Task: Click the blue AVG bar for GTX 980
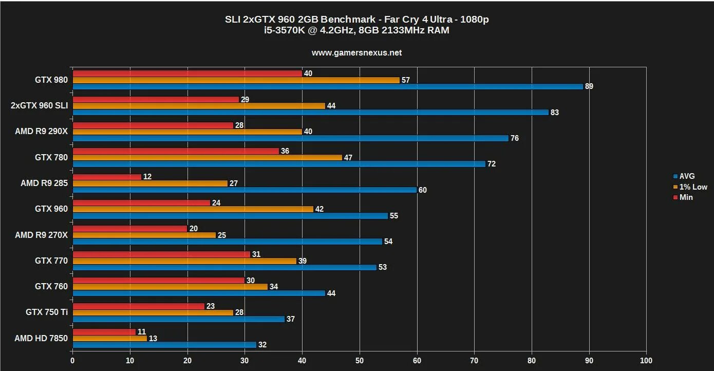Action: point(328,86)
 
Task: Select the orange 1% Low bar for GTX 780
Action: point(207,157)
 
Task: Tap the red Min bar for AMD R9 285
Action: point(107,177)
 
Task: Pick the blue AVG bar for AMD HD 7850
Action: point(164,345)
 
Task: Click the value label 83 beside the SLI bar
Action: point(555,113)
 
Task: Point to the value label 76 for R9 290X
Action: point(514,138)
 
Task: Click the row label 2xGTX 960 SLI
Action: point(39,106)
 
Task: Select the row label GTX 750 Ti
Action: point(47,312)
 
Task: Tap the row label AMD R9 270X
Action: point(41,235)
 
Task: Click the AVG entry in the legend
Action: point(687,176)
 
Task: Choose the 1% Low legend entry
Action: point(693,187)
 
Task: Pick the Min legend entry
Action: point(686,197)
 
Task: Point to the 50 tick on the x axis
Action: point(360,361)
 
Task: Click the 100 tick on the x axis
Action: point(646,361)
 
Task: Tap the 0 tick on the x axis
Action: point(72,361)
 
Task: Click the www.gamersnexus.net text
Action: point(357,52)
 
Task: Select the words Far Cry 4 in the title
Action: point(408,20)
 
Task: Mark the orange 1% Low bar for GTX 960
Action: point(193,209)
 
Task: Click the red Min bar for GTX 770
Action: point(161,254)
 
